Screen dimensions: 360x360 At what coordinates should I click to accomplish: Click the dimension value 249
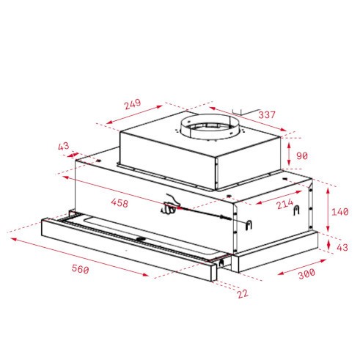(132, 105)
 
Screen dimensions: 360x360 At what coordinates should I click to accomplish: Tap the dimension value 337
(266, 114)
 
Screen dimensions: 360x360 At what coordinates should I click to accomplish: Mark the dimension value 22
(243, 293)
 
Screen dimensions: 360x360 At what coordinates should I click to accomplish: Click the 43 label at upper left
(63, 147)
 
